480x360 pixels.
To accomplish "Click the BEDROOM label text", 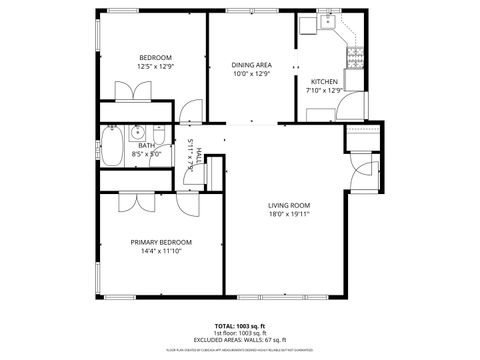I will pos(155,57).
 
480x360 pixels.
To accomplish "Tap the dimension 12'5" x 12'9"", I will pos(155,66).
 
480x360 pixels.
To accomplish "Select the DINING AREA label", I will pos(251,63).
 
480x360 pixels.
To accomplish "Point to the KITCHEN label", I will pos(324,81).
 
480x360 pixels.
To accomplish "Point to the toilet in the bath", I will pos(158,132).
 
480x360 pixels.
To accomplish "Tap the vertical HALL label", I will pos(199,154).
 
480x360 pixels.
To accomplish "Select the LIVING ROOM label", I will pos(289,205).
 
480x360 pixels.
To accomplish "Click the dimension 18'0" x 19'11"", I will pos(289,214).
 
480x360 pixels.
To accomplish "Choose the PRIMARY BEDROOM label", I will pos(161,242).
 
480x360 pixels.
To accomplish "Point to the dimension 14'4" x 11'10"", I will pos(161,251).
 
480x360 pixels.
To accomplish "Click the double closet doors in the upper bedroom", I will pos(132,92).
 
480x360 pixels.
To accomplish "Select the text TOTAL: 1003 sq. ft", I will pos(239,326).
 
